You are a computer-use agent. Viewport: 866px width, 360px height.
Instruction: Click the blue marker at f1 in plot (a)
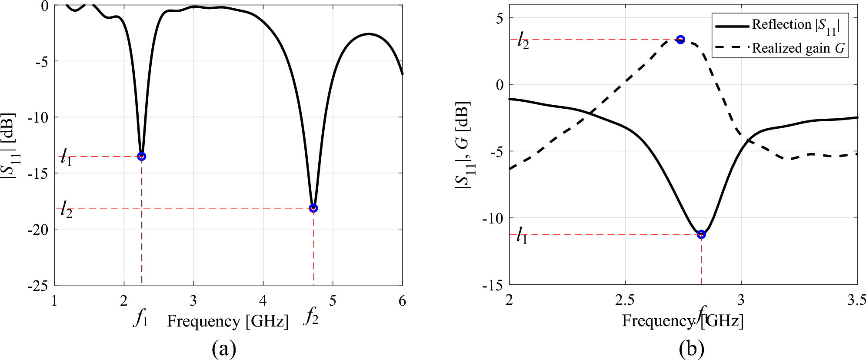click(141, 156)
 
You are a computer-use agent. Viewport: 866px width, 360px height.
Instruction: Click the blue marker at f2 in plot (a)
click(313, 208)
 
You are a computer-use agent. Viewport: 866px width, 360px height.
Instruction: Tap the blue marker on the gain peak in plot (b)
click(680, 40)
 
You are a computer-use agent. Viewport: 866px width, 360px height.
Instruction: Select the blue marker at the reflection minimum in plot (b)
click(701, 234)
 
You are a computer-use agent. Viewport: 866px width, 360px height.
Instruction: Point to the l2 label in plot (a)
click(66, 209)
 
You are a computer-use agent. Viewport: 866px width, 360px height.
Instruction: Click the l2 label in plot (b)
click(523, 41)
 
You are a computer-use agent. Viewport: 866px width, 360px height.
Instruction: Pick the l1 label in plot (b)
click(522, 236)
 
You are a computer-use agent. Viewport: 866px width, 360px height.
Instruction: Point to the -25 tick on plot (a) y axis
click(40, 286)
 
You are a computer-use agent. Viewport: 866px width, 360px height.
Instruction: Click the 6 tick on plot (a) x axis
click(402, 301)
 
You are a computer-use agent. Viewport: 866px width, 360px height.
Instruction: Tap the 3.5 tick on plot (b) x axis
click(856, 300)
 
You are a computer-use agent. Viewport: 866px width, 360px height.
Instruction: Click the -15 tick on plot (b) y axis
click(492, 286)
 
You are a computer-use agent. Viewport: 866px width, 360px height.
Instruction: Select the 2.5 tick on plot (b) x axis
click(625, 300)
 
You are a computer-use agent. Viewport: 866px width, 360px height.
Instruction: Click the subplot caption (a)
click(224, 348)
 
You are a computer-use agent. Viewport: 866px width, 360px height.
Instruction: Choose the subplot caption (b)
click(691, 348)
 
